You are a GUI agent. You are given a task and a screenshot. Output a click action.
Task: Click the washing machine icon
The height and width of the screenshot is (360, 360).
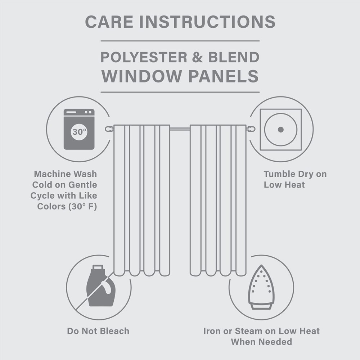(x=79, y=129)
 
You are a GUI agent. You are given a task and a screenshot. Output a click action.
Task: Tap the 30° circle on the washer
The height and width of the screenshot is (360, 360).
(x=79, y=132)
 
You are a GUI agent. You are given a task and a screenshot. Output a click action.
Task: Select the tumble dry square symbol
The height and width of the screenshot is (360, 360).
(x=281, y=129)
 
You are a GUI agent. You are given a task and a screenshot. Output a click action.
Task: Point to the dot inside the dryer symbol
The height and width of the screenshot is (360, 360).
(x=281, y=129)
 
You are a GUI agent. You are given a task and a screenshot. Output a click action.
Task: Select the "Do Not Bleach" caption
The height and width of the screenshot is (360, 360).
(x=98, y=330)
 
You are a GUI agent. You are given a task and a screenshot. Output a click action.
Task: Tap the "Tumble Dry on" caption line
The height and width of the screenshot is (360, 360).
(x=295, y=174)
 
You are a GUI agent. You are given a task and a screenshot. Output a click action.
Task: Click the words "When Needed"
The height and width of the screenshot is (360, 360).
(x=261, y=342)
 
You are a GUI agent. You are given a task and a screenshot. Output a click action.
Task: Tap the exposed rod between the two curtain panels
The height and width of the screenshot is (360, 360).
(x=180, y=128)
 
